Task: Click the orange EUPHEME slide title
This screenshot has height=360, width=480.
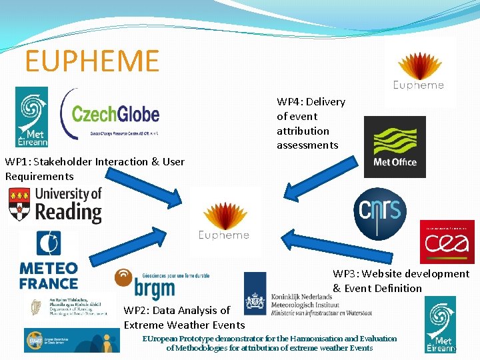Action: tap(92, 61)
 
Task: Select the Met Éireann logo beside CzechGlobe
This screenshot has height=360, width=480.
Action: tap(32, 117)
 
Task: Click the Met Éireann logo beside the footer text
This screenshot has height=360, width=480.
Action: tap(440, 324)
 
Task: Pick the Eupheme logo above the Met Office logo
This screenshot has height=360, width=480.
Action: tap(419, 71)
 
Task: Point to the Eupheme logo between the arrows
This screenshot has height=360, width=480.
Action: tap(224, 221)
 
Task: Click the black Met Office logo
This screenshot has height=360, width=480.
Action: tap(395, 147)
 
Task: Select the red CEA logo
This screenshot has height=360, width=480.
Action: tap(447, 242)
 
